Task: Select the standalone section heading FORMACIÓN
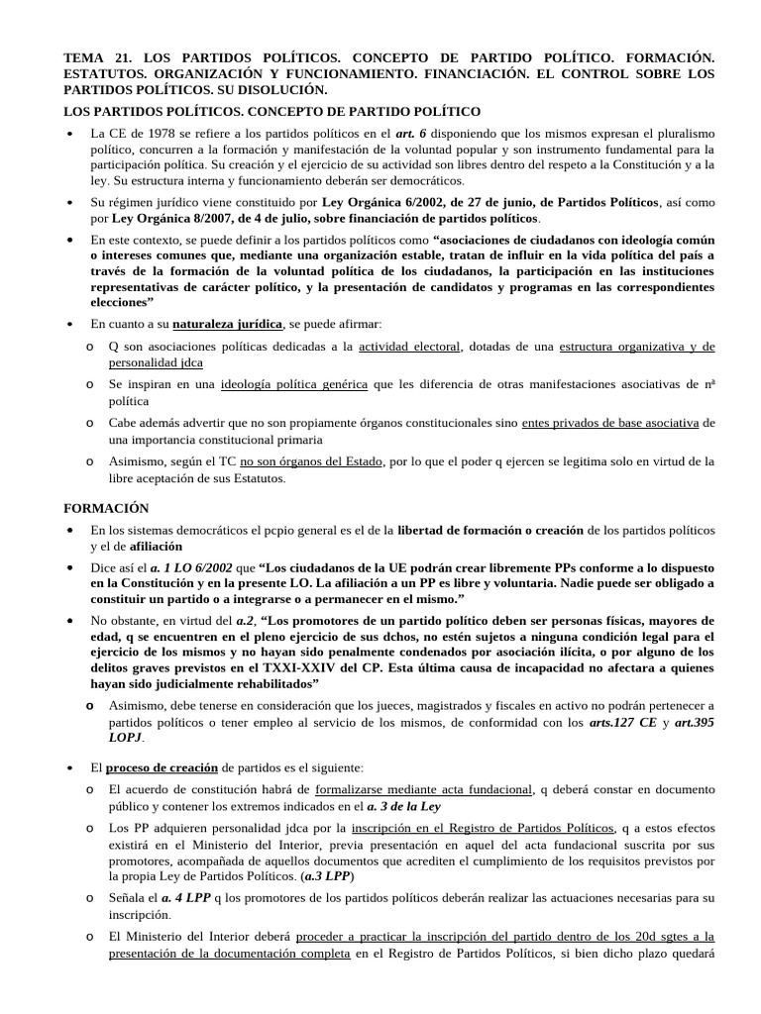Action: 106,508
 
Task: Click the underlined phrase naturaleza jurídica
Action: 227,324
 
